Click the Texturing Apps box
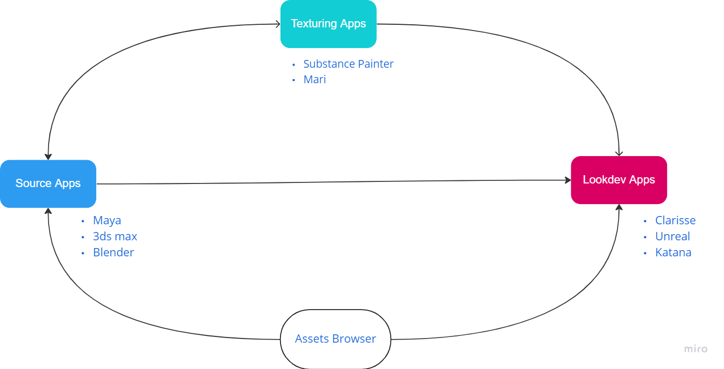[x=328, y=24]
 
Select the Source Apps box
[x=48, y=183]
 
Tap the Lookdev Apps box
[x=619, y=180]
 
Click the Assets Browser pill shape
[x=335, y=339]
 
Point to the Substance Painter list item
[x=348, y=64]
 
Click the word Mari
[x=315, y=80]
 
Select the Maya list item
[x=107, y=221]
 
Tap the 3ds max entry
[x=115, y=237]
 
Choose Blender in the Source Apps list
[x=113, y=253]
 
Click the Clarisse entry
[x=675, y=221]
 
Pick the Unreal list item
[x=672, y=237]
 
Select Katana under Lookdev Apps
[x=673, y=253]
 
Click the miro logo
[x=696, y=349]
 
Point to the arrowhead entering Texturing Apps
[x=277, y=24]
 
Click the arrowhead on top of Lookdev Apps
[x=619, y=153]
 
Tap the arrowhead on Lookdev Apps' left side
[x=567, y=180]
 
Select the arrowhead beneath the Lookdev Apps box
[x=619, y=207]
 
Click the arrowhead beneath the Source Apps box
[x=48, y=211]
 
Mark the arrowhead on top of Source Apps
[x=48, y=156]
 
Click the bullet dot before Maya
[x=83, y=221]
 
